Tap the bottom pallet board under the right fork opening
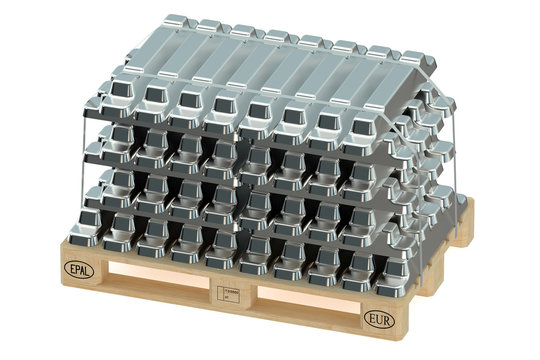300,320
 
